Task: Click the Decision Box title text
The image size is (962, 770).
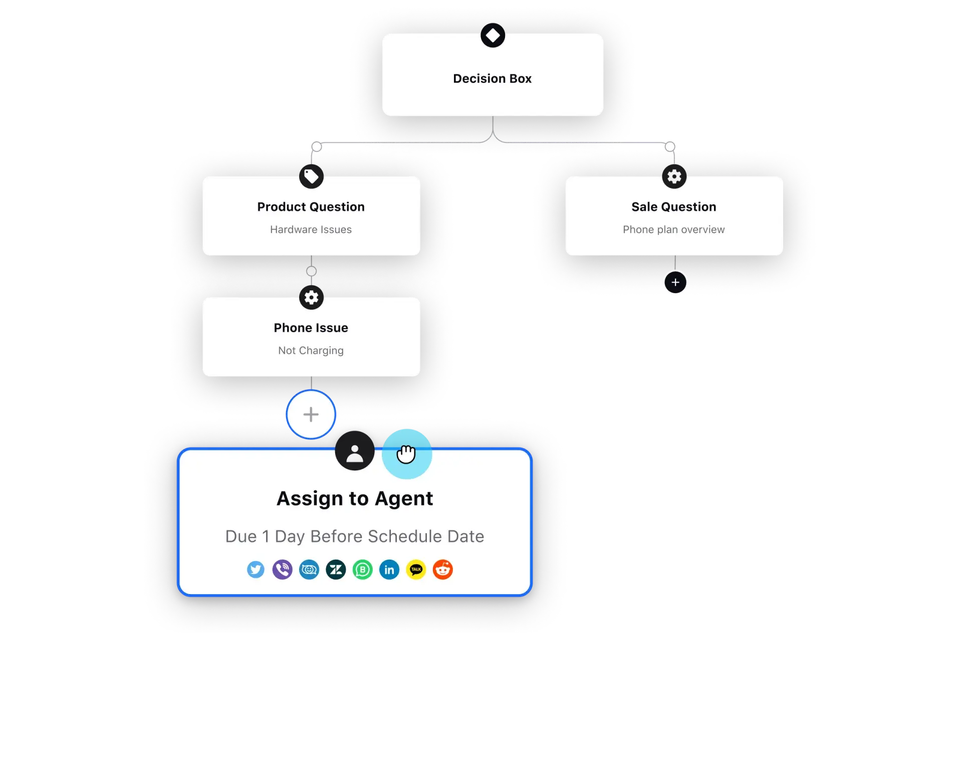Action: click(x=492, y=79)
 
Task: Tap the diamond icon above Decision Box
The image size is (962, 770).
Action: click(x=493, y=36)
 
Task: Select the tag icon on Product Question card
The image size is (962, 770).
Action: click(x=311, y=176)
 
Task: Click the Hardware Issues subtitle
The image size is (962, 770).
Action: click(x=311, y=229)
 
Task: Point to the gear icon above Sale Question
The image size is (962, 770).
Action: click(x=674, y=176)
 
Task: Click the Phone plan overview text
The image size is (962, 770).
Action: click(x=673, y=229)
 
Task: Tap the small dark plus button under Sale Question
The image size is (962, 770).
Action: click(x=675, y=283)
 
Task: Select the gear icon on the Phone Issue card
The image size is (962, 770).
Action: click(x=311, y=298)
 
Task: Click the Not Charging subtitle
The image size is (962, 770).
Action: click(x=311, y=351)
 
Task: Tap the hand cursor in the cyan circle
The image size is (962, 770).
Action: click(x=406, y=454)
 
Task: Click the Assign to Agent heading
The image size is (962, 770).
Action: click(x=355, y=498)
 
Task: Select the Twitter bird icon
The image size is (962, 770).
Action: click(x=256, y=570)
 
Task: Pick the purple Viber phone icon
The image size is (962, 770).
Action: click(x=283, y=570)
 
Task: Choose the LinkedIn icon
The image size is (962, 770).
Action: click(x=389, y=570)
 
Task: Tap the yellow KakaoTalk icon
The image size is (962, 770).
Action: click(x=416, y=570)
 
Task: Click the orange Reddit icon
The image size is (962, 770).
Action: click(x=443, y=570)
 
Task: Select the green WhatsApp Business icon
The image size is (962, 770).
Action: click(x=363, y=570)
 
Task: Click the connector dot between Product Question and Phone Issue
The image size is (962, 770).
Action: click(x=311, y=271)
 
